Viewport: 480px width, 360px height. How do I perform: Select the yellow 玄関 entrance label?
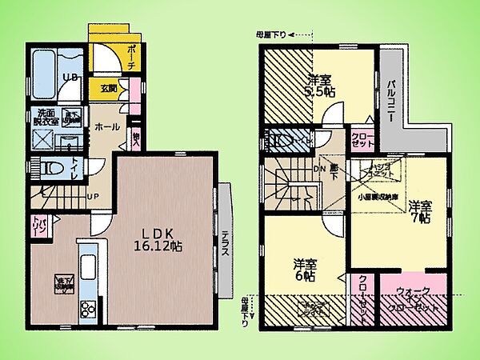(109, 88)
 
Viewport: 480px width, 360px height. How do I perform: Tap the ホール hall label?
(109, 126)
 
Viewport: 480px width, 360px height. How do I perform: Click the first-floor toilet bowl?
(51, 169)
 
